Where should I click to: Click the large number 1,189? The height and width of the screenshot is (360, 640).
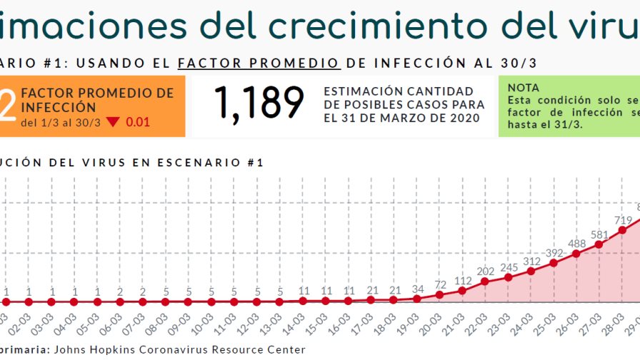tap(259, 104)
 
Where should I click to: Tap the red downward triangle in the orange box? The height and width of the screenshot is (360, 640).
tap(113, 122)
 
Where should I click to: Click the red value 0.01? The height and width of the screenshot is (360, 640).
tap(138, 122)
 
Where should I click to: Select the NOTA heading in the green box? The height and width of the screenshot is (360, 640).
tap(524, 87)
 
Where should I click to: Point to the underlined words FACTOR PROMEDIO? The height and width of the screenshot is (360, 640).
tap(259, 63)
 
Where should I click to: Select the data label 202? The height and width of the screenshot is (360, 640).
tap(486, 271)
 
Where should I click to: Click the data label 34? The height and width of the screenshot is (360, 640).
tap(417, 289)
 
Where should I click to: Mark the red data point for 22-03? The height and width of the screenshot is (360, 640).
tap(486, 281)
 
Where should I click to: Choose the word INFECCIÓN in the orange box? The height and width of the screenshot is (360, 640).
tap(59, 107)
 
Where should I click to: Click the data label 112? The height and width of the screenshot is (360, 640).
tap(463, 281)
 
